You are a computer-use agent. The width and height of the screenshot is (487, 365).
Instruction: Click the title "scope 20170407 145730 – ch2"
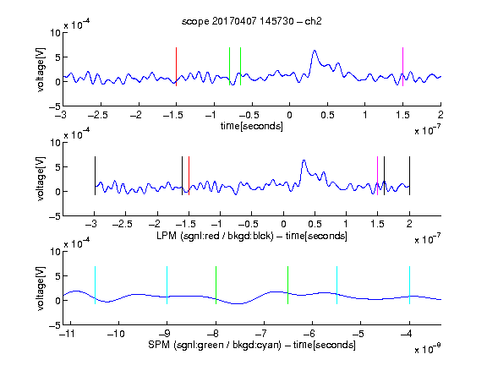point(252,21)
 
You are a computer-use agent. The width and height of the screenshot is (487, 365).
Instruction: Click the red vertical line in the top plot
point(176,67)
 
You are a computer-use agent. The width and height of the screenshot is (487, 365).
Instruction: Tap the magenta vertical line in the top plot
point(402,67)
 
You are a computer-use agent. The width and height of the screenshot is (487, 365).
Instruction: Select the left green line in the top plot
point(229,67)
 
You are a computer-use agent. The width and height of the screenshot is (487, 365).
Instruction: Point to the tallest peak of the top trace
point(315,51)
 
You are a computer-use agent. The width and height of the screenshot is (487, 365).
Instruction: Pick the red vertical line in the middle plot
point(189,176)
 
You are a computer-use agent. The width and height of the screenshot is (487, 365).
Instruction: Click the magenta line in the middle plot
point(377,176)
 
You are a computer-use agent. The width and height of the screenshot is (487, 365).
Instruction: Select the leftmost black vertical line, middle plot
point(95,176)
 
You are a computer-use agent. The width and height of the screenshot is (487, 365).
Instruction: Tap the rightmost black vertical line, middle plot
point(409,176)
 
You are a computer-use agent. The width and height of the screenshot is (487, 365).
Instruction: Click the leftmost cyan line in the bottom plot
point(95,285)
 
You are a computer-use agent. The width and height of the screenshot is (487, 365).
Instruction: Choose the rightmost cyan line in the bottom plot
point(409,285)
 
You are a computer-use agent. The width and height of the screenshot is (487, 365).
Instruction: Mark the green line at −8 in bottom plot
point(216,285)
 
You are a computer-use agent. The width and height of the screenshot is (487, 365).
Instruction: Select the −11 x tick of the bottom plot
point(68,334)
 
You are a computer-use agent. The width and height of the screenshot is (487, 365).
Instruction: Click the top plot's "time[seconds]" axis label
point(252,126)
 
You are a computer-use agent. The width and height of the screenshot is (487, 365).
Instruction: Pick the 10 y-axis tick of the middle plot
point(56,143)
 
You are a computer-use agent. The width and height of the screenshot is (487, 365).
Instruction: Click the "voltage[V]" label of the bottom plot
point(41,288)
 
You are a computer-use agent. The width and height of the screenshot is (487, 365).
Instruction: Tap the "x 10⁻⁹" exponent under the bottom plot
point(427,349)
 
